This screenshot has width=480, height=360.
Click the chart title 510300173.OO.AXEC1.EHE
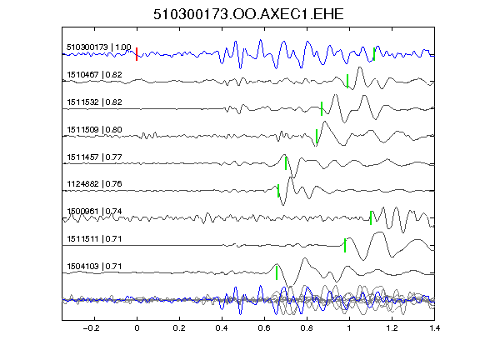248,14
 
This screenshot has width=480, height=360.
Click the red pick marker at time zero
137,54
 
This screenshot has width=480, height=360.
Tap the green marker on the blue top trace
374,54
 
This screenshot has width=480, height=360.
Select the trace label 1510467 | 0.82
94,75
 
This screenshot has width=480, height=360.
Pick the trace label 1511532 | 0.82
94,102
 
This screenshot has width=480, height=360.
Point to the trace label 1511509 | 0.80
94,129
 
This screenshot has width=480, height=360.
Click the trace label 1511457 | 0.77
94,157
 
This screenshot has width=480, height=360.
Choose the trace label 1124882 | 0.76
94,183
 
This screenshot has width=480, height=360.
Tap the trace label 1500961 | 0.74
94,211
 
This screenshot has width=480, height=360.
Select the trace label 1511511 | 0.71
94,239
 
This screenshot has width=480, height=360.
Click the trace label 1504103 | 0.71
94,267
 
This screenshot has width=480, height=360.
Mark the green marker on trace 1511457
286,163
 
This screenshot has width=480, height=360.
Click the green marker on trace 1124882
278,190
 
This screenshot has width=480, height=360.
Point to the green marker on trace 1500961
371,218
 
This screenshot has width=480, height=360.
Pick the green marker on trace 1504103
277,272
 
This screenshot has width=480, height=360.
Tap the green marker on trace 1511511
345,245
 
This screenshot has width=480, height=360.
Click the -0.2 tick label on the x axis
92,328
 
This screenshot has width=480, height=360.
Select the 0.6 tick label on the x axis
264,328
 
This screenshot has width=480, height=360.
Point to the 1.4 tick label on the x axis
434,328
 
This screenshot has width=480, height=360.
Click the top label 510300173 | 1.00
99,47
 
